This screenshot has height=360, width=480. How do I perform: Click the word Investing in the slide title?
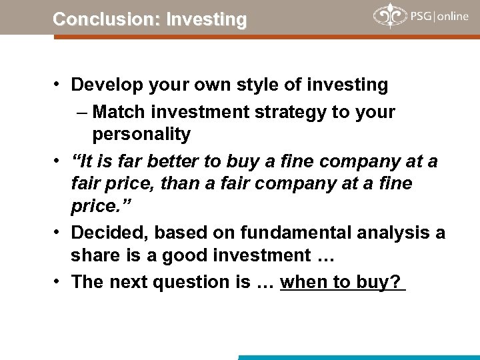(207, 19)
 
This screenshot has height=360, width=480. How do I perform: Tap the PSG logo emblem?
(388, 16)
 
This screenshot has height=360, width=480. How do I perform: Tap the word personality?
(141, 134)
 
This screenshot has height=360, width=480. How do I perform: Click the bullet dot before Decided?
(59, 231)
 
